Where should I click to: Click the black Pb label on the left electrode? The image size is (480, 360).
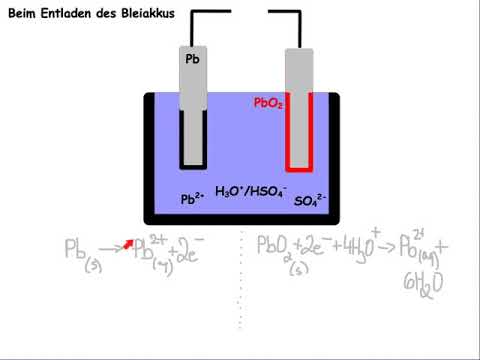193,60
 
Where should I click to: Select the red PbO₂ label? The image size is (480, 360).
267,102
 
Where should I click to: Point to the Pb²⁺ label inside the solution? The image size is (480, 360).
193,199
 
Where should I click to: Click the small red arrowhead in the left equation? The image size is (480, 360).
128,243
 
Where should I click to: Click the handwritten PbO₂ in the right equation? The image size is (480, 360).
276,248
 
